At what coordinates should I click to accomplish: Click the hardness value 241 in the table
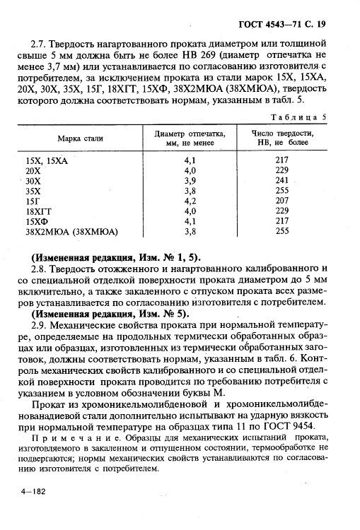tap(283, 180)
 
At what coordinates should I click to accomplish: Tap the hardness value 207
tap(283, 201)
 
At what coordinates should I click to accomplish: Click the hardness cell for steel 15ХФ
tap(283, 220)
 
